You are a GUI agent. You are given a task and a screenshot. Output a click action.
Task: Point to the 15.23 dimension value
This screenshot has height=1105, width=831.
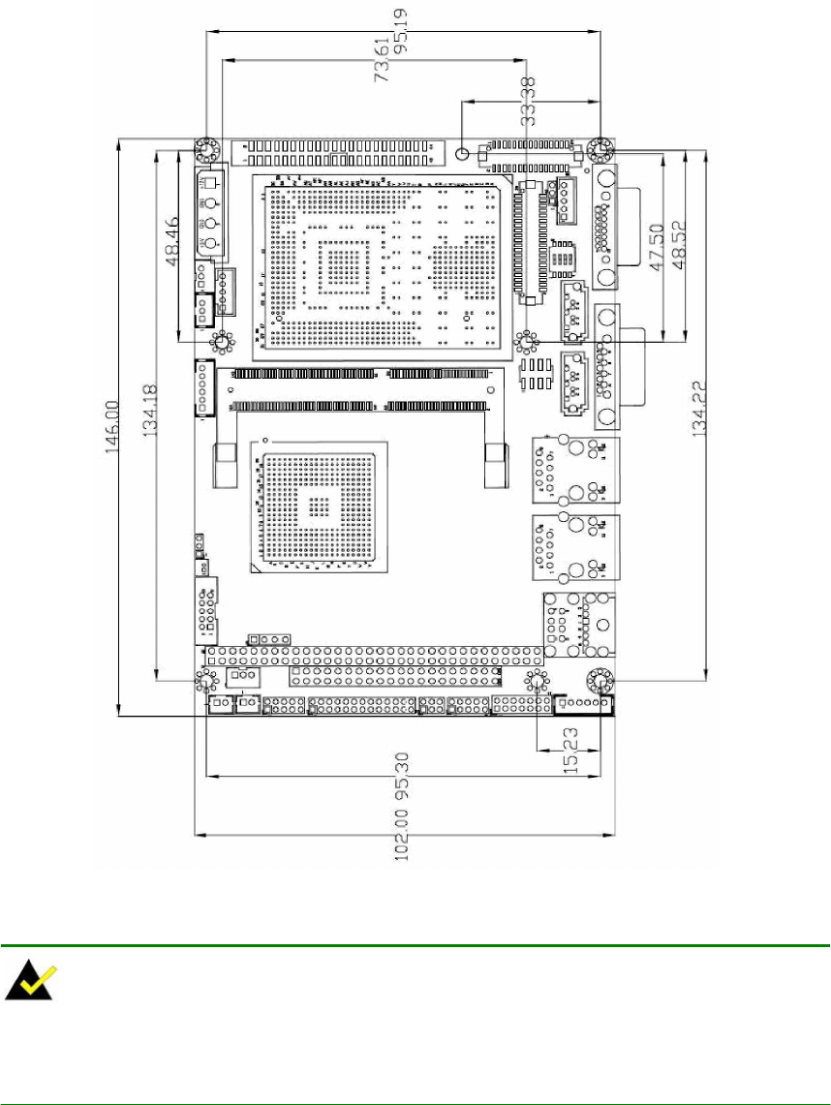[570, 752]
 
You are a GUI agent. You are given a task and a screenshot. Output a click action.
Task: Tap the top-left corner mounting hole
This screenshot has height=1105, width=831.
[205, 150]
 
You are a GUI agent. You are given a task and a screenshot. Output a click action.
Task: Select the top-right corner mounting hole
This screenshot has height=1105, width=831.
[601, 150]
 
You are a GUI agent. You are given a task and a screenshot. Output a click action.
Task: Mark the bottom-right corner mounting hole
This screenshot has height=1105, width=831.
[600, 681]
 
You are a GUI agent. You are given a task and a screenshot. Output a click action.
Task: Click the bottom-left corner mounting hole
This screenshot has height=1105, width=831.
[205, 680]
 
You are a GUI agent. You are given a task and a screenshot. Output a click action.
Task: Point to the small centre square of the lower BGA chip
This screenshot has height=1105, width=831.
[317, 505]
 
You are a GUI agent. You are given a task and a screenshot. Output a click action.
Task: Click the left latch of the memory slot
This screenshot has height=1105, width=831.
[226, 468]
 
